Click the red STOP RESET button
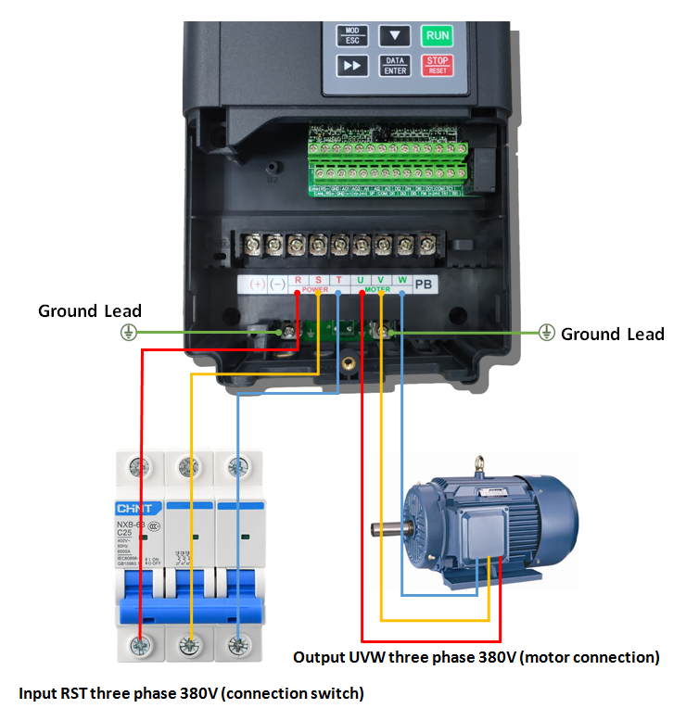437,66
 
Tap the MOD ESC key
351,36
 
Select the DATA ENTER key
395,66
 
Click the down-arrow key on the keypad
396,36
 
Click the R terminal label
298,280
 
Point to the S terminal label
318,280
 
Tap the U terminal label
361,280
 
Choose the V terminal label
382,280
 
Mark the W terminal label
403,280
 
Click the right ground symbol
547,332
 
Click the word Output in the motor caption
317,657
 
